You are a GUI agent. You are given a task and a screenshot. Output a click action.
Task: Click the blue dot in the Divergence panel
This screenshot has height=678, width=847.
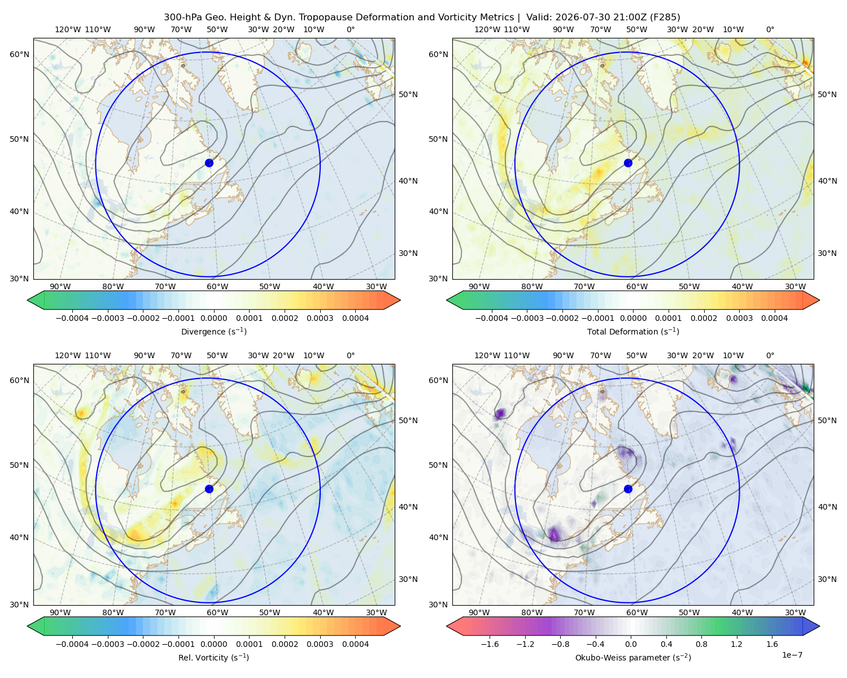tap(209, 163)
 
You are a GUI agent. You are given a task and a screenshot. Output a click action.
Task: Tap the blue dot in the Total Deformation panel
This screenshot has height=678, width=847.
tap(628, 163)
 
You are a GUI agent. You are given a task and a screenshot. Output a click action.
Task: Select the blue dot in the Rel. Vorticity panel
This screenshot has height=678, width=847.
tap(209, 489)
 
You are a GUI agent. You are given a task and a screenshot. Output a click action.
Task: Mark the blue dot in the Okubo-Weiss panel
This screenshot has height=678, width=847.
tap(628, 489)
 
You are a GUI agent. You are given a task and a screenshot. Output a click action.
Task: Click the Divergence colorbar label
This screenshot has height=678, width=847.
tap(213, 331)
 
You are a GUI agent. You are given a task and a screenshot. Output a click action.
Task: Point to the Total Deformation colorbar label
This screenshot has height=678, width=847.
tap(633, 331)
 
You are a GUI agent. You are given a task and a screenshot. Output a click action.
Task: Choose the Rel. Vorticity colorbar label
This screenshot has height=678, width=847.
tap(213, 657)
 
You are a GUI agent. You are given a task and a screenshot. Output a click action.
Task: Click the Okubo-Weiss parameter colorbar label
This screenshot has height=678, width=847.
tap(633, 657)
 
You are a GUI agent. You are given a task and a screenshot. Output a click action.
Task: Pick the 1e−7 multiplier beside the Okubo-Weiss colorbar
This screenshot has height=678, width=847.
tap(792, 654)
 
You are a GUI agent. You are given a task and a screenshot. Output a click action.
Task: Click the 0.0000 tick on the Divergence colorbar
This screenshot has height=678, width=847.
tap(213, 318)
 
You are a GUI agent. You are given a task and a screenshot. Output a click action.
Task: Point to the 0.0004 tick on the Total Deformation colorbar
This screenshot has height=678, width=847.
tap(774, 318)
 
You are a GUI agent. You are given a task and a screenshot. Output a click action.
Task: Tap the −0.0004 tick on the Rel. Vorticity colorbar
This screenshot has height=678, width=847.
tap(72, 644)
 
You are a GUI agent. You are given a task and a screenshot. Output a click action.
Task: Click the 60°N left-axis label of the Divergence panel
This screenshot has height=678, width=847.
tap(19, 54)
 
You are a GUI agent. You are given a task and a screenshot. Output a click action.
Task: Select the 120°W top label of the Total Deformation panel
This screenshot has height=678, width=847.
tap(487, 29)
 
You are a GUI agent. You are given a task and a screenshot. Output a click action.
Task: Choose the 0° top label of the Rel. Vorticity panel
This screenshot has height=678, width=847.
tap(351, 355)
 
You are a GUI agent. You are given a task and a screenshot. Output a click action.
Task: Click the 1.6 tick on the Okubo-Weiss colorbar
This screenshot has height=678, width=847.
tap(772, 644)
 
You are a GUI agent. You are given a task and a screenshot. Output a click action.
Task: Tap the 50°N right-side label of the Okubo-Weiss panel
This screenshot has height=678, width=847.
tap(827, 420)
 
